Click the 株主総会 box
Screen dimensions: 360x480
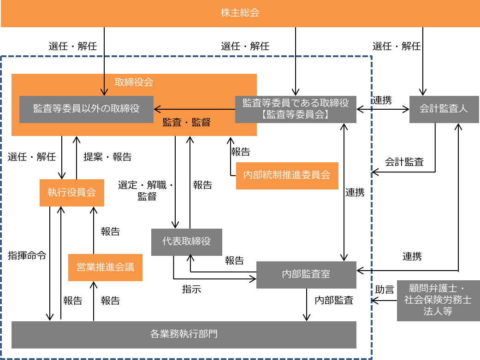pos(240,13)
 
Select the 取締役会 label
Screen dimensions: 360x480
pos(134,83)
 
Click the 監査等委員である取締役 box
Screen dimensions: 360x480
pos(296,109)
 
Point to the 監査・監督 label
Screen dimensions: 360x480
pos(186,123)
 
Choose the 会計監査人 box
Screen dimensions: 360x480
pos(444,109)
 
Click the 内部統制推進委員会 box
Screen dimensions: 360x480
pos(287,175)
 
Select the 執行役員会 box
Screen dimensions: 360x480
pos(71,193)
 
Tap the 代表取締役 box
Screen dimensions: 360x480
pos(186,242)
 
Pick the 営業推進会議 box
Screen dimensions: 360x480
pos(105,267)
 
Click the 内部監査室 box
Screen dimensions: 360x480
pos(306,275)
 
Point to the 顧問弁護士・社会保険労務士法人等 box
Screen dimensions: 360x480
pos(438,300)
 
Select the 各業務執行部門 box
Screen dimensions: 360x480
pos(184,334)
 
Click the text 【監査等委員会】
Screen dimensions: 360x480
pos(296,115)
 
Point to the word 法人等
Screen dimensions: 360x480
pos(438,312)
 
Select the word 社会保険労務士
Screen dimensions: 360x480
pos(438,300)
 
